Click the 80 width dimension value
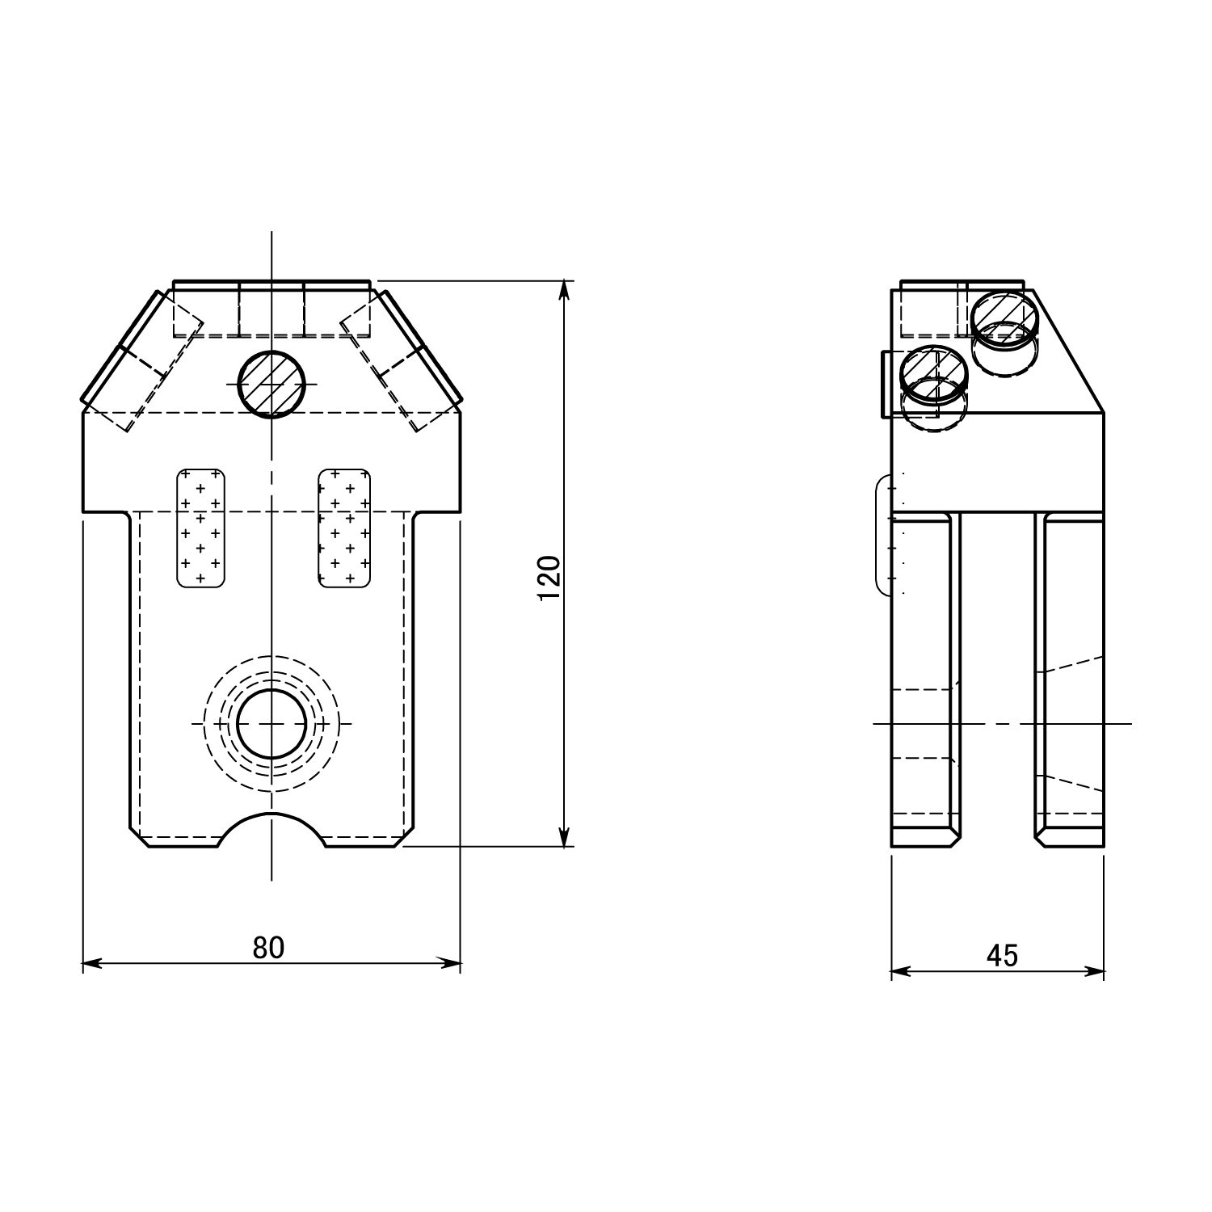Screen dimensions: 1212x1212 pyautogui.click(x=268, y=947)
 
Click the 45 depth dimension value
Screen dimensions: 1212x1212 pyautogui.click(x=1002, y=956)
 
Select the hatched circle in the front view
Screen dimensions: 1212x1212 pyautogui.click(x=272, y=385)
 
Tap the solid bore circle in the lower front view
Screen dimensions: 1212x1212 pyautogui.click(x=272, y=724)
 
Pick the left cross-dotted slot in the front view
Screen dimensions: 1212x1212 pyautogui.click(x=200, y=527)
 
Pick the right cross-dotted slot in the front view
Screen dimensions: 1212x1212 pyautogui.click(x=345, y=527)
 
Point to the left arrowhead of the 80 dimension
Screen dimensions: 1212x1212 pyautogui.click(x=93, y=963)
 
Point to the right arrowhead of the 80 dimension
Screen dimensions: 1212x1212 pyautogui.click(x=450, y=963)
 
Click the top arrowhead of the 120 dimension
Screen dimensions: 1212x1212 pyautogui.click(x=566, y=292)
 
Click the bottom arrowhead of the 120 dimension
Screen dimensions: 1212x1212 pyautogui.click(x=566, y=836)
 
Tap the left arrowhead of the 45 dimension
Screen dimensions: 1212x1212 pyautogui.click(x=902, y=972)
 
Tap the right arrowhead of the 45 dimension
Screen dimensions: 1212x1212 pyautogui.click(x=1093, y=972)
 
